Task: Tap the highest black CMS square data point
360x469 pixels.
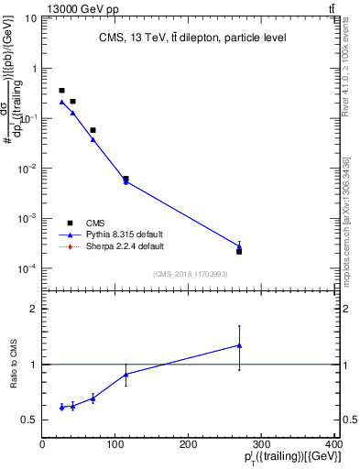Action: pos(61,91)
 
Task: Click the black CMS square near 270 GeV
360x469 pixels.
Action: pos(239,251)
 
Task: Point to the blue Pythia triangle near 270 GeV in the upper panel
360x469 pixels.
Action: pos(239,245)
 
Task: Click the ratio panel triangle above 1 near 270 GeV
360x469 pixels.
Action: pos(239,345)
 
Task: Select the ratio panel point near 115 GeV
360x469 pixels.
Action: pos(125,374)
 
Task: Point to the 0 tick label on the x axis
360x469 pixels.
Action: pos(42,444)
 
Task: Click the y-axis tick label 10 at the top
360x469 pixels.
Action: pos(30,18)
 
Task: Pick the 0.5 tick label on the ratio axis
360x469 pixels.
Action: pos(29,420)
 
